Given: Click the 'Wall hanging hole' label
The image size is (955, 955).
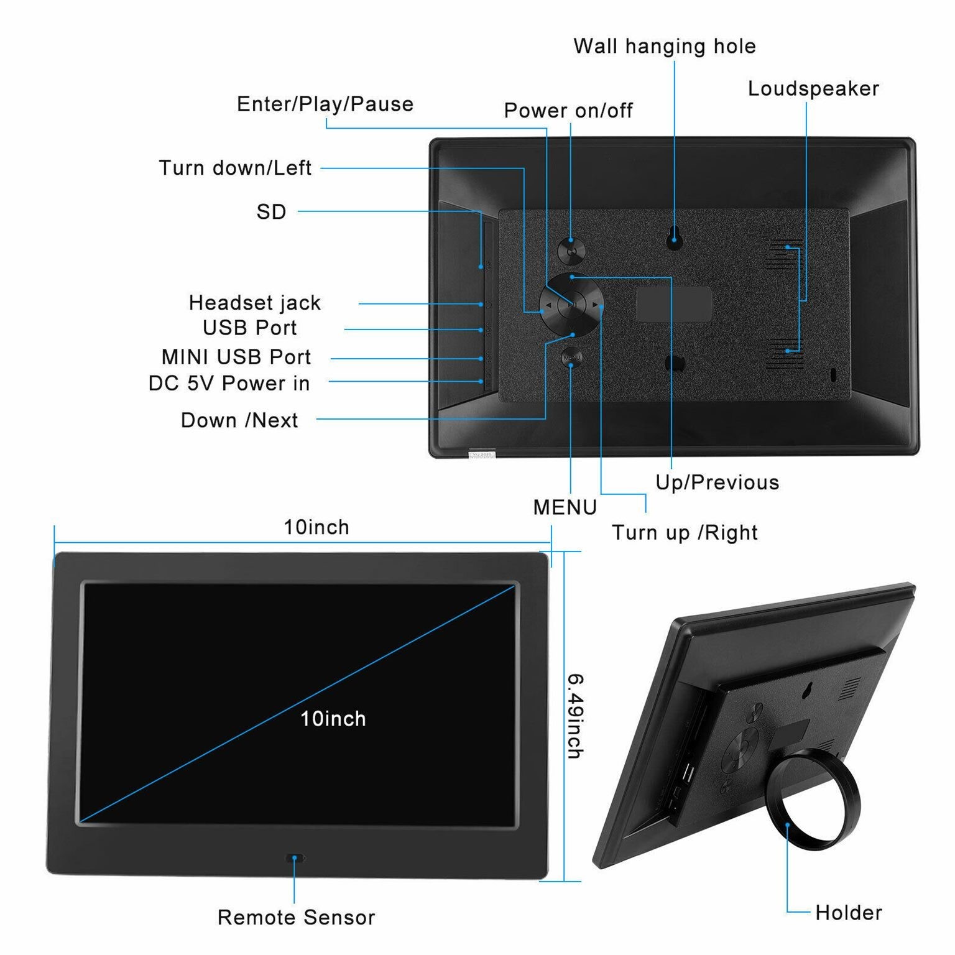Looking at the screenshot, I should click(x=664, y=47).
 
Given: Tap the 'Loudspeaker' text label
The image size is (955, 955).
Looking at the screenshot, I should click(x=813, y=89).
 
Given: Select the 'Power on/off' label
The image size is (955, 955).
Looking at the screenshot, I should click(x=568, y=111).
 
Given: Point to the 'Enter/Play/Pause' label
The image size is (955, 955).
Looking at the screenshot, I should click(x=325, y=104).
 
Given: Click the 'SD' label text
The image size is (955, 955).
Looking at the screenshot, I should click(x=272, y=212).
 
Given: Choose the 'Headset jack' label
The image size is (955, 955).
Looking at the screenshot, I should click(x=255, y=303).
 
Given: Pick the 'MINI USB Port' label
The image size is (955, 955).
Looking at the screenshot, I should click(x=236, y=357).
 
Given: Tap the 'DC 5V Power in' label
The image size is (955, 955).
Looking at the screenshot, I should click(x=229, y=384).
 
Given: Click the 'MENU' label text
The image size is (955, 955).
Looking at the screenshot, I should click(x=565, y=507).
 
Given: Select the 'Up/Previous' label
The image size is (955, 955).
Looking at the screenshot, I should click(x=717, y=482).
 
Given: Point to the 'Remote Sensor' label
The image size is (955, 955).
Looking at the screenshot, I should click(x=296, y=917).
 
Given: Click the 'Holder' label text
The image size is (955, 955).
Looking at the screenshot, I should click(x=848, y=913).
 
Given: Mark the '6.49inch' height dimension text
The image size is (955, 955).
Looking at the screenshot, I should click(x=574, y=716).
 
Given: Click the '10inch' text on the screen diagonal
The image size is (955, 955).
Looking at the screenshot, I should click(x=333, y=719).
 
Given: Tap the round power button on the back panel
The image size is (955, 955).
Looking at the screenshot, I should click(x=571, y=251).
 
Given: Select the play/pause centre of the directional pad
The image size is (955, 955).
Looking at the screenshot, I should click(x=571, y=305).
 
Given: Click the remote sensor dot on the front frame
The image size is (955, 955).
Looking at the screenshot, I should click(x=295, y=858).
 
